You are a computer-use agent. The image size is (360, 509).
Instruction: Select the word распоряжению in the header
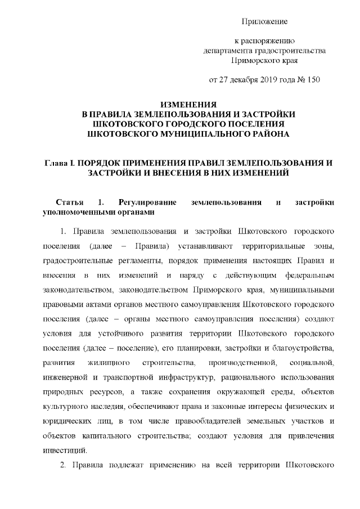click(x=268, y=41)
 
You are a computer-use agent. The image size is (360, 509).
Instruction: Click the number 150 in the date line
click(x=313, y=79)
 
